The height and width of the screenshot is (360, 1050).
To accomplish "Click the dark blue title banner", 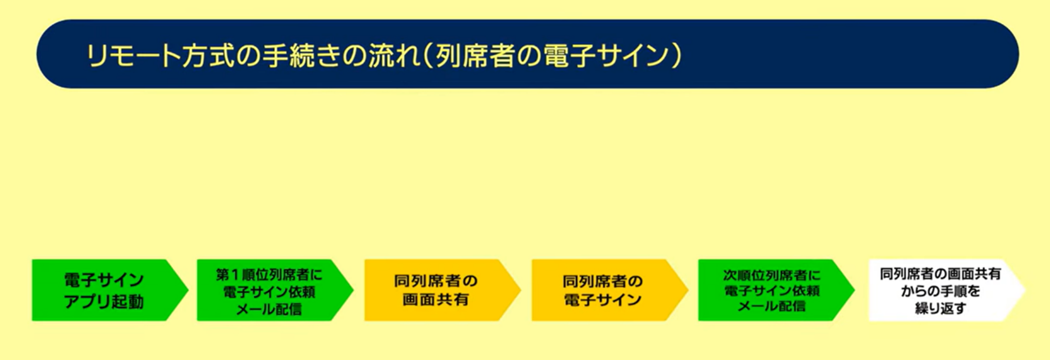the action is click(527, 54).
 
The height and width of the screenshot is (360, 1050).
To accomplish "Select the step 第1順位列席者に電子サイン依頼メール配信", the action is click(274, 290).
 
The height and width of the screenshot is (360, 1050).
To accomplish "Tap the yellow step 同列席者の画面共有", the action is click(442, 290).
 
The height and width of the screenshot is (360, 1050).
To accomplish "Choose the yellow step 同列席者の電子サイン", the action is click(609, 290).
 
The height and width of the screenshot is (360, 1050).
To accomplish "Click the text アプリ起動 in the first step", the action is click(104, 302).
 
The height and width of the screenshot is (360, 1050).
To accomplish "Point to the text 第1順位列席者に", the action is click(269, 274).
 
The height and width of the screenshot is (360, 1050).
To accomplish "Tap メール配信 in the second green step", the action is click(269, 309).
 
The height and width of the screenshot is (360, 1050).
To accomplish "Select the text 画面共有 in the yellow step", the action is click(436, 300).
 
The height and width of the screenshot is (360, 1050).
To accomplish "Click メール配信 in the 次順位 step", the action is click(771, 306).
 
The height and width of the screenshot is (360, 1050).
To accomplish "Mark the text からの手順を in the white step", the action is click(940, 291).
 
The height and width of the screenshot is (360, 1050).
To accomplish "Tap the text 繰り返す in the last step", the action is click(940, 308).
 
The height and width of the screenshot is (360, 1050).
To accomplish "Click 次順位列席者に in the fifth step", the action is click(771, 274).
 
